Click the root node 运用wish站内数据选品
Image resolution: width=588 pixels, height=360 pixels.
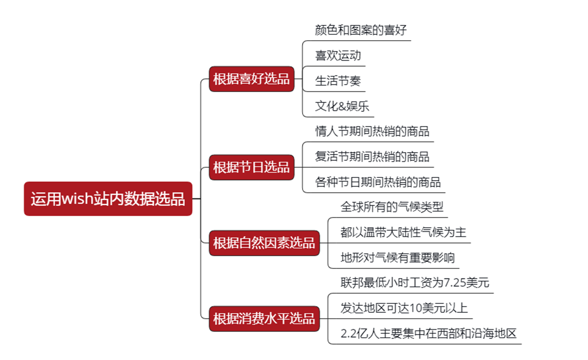coord(108,199)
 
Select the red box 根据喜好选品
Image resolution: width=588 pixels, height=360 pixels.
coord(251,79)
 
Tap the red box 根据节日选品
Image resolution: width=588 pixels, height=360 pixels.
coord(251,167)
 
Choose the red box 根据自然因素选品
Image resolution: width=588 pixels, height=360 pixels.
coord(264,243)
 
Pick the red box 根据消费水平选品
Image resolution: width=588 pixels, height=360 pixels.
coord(264,319)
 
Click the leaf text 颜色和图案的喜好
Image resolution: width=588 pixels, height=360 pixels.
coord(360,30)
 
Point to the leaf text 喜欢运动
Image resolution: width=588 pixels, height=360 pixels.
coord(338,56)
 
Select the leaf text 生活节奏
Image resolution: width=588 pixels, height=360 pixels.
coord(338,81)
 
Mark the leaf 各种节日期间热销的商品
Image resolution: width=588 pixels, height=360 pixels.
coord(378,182)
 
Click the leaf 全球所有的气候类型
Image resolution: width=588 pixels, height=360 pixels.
coord(392,207)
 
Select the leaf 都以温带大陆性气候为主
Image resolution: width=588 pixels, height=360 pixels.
coord(403,232)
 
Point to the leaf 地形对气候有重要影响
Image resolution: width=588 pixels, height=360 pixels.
coord(397,258)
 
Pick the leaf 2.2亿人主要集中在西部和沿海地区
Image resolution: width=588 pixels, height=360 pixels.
coord(428,333)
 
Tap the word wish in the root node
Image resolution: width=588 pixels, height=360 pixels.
coord(77,199)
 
